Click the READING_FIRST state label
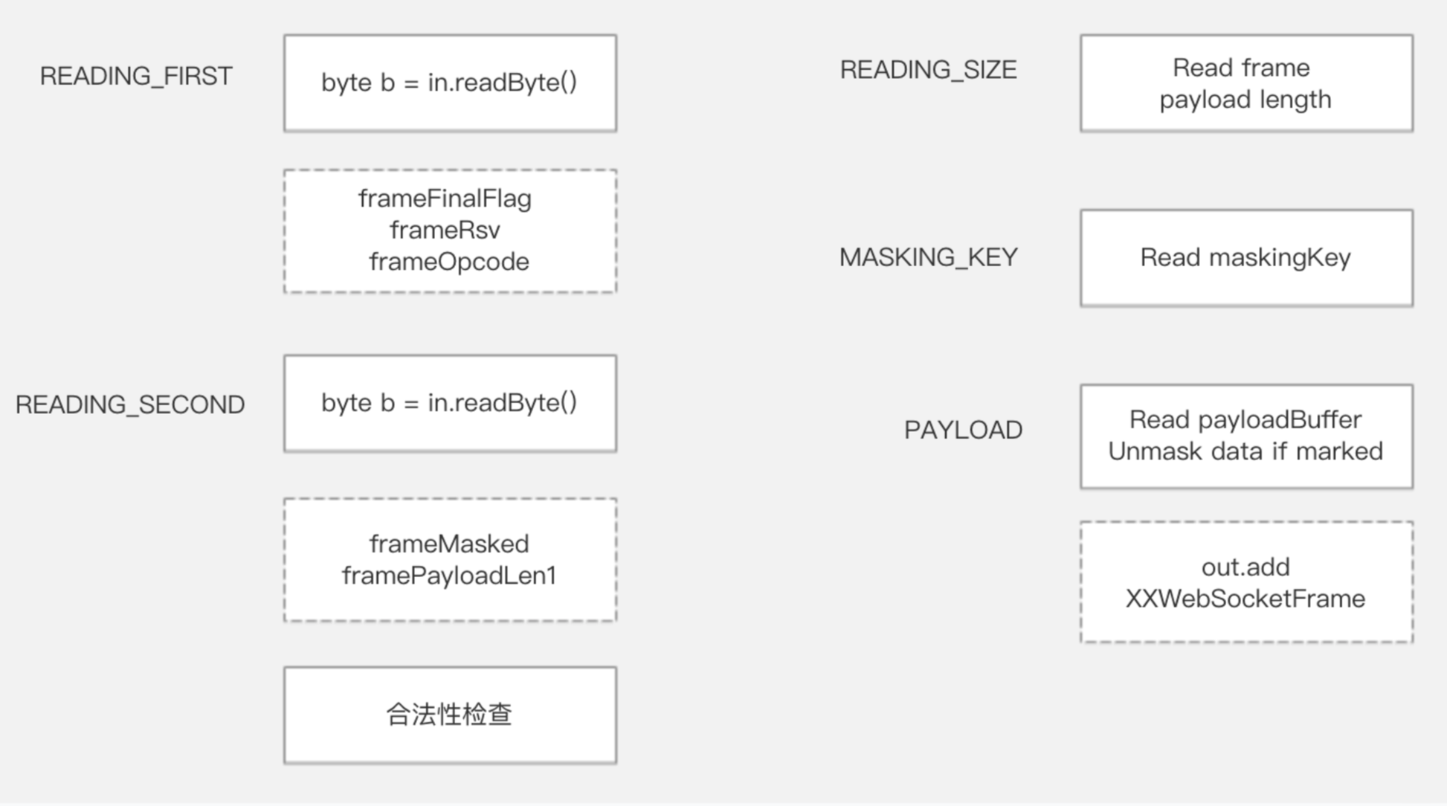point(136,76)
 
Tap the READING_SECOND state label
point(130,404)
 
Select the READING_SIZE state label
point(928,70)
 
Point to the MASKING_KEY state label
point(928,257)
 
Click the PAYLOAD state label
point(963,430)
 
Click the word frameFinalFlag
point(445,199)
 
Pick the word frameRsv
point(445,230)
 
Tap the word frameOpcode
point(449,262)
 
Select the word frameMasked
point(449,544)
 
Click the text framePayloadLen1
point(449,576)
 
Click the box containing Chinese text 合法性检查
point(450,715)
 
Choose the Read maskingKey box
point(1246,258)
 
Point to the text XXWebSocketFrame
point(1245,599)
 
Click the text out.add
point(1245,567)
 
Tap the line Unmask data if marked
point(1245,451)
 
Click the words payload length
point(1245,100)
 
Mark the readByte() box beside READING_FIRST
point(450,83)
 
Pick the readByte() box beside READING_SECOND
point(450,403)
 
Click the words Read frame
point(1241,68)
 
